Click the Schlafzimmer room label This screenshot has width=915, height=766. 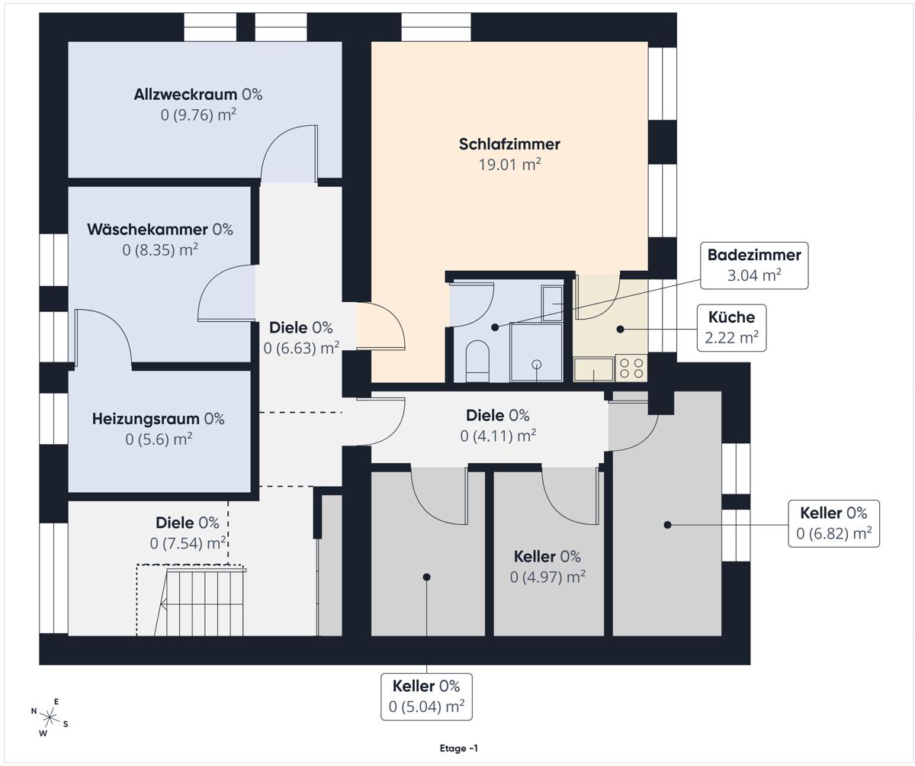509,144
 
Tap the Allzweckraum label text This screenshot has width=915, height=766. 185,95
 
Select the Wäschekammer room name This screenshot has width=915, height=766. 147,230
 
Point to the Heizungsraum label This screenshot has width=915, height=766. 146,419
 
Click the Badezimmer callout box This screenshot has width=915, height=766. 754,266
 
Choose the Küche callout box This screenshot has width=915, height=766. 731,327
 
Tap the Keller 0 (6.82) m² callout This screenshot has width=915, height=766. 833,523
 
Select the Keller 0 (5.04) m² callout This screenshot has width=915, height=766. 426,697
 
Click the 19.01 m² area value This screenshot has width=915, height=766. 509,165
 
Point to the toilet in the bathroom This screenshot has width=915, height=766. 477,361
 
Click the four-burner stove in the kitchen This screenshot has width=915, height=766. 631,368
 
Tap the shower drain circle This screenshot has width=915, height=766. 536,365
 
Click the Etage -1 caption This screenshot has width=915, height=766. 458,748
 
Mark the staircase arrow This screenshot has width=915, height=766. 201,605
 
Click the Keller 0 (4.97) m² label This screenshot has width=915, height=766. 547,567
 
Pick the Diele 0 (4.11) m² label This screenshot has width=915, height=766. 498,425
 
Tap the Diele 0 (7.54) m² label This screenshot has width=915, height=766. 188,533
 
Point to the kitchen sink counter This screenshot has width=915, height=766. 594,369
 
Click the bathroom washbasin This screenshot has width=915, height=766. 552,304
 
